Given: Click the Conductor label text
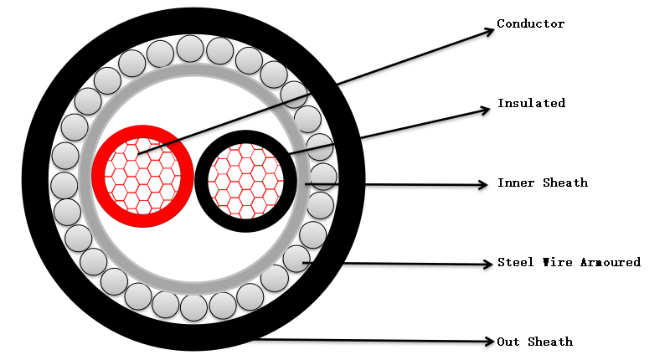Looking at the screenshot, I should [x=530, y=23].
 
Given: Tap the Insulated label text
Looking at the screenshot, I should [x=531, y=103].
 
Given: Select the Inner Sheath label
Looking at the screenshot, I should [x=542, y=183].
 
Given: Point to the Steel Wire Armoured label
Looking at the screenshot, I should [x=568, y=262].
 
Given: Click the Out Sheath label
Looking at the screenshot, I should [x=534, y=342].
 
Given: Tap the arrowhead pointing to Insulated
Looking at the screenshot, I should [x=484, y=110].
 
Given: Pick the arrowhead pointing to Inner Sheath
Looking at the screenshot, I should [x=483, y=184].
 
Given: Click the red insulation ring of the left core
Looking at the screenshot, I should [x=100, y=176].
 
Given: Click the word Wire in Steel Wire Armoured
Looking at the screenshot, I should [x=552, y=262].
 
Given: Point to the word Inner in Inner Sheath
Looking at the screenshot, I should [x=515, y=183].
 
